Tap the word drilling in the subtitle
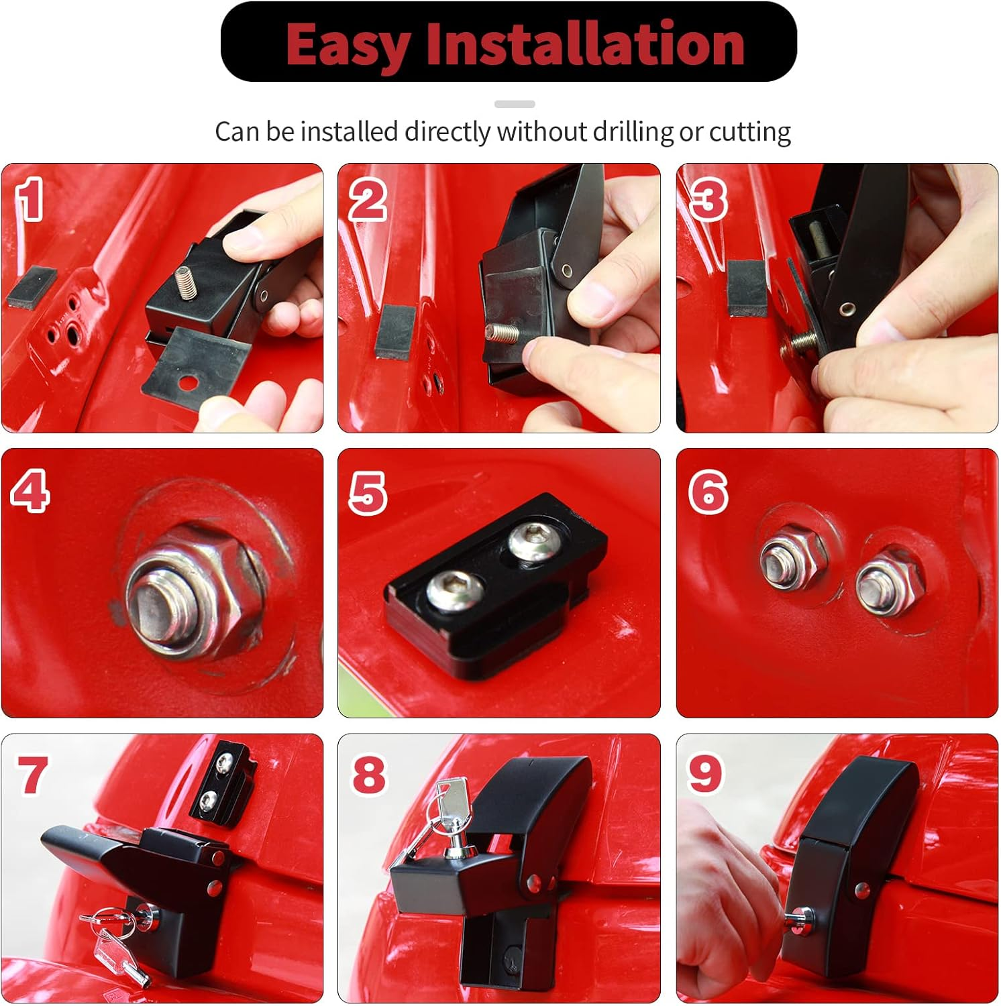(x=633, y=131)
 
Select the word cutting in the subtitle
(x=749, y=131)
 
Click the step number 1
(x=29, y=199)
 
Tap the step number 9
(x=705, y=774)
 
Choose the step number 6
(x=708, y=492)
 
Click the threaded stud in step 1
(x=185, y=282)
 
